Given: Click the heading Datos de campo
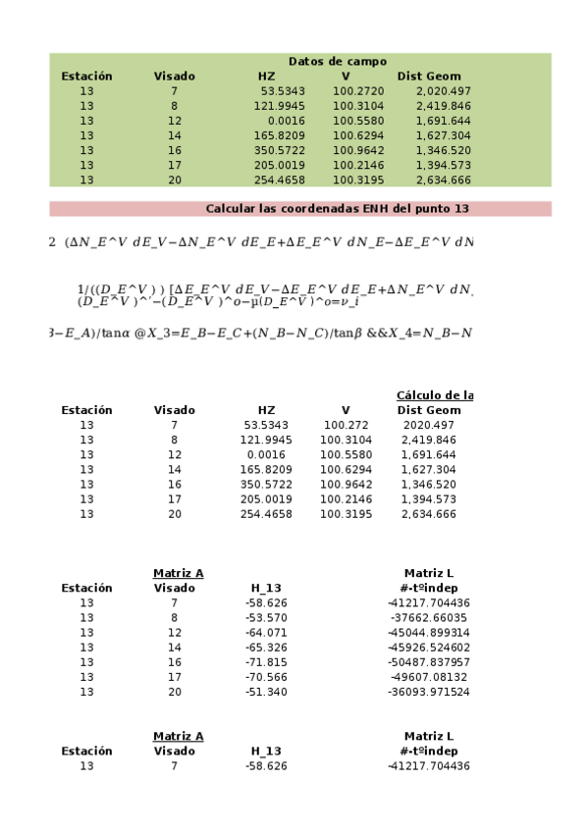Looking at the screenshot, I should click(x=337, y=61).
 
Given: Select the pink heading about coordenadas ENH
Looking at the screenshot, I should click(x=337, y=209).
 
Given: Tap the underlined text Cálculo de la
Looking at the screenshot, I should click(x=434, y=395).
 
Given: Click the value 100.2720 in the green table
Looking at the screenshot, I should click(x=358, y=91).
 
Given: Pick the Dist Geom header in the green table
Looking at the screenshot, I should click(x=429, y=77).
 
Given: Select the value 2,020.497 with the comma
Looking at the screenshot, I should click(x=444, y=91).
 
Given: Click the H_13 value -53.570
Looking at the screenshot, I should click(x=266, y=618).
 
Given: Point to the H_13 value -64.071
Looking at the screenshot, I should click(x=266, y=633).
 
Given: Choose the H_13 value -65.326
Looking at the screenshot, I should click(x=266, y=648).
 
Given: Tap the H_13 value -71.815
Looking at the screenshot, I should click(x=266, y=662).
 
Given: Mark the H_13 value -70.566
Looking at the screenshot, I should click(x=266, y=677).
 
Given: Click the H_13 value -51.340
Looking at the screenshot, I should click(x=266, y=692).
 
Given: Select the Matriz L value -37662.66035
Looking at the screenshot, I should click(x=429, y=618).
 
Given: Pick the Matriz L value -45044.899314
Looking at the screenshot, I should click(x=429, y=633).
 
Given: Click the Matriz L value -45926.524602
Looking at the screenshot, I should click(x=429, y=648).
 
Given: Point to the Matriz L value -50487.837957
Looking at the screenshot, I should click(x=429, y=662).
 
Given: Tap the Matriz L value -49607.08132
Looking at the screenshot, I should click(x=429, y=677).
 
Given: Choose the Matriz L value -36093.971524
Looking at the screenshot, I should click(x=429, y=692).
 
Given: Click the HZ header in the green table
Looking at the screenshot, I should click(x=266, y=77).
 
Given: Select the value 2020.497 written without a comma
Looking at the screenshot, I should click(x=429, y=425).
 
